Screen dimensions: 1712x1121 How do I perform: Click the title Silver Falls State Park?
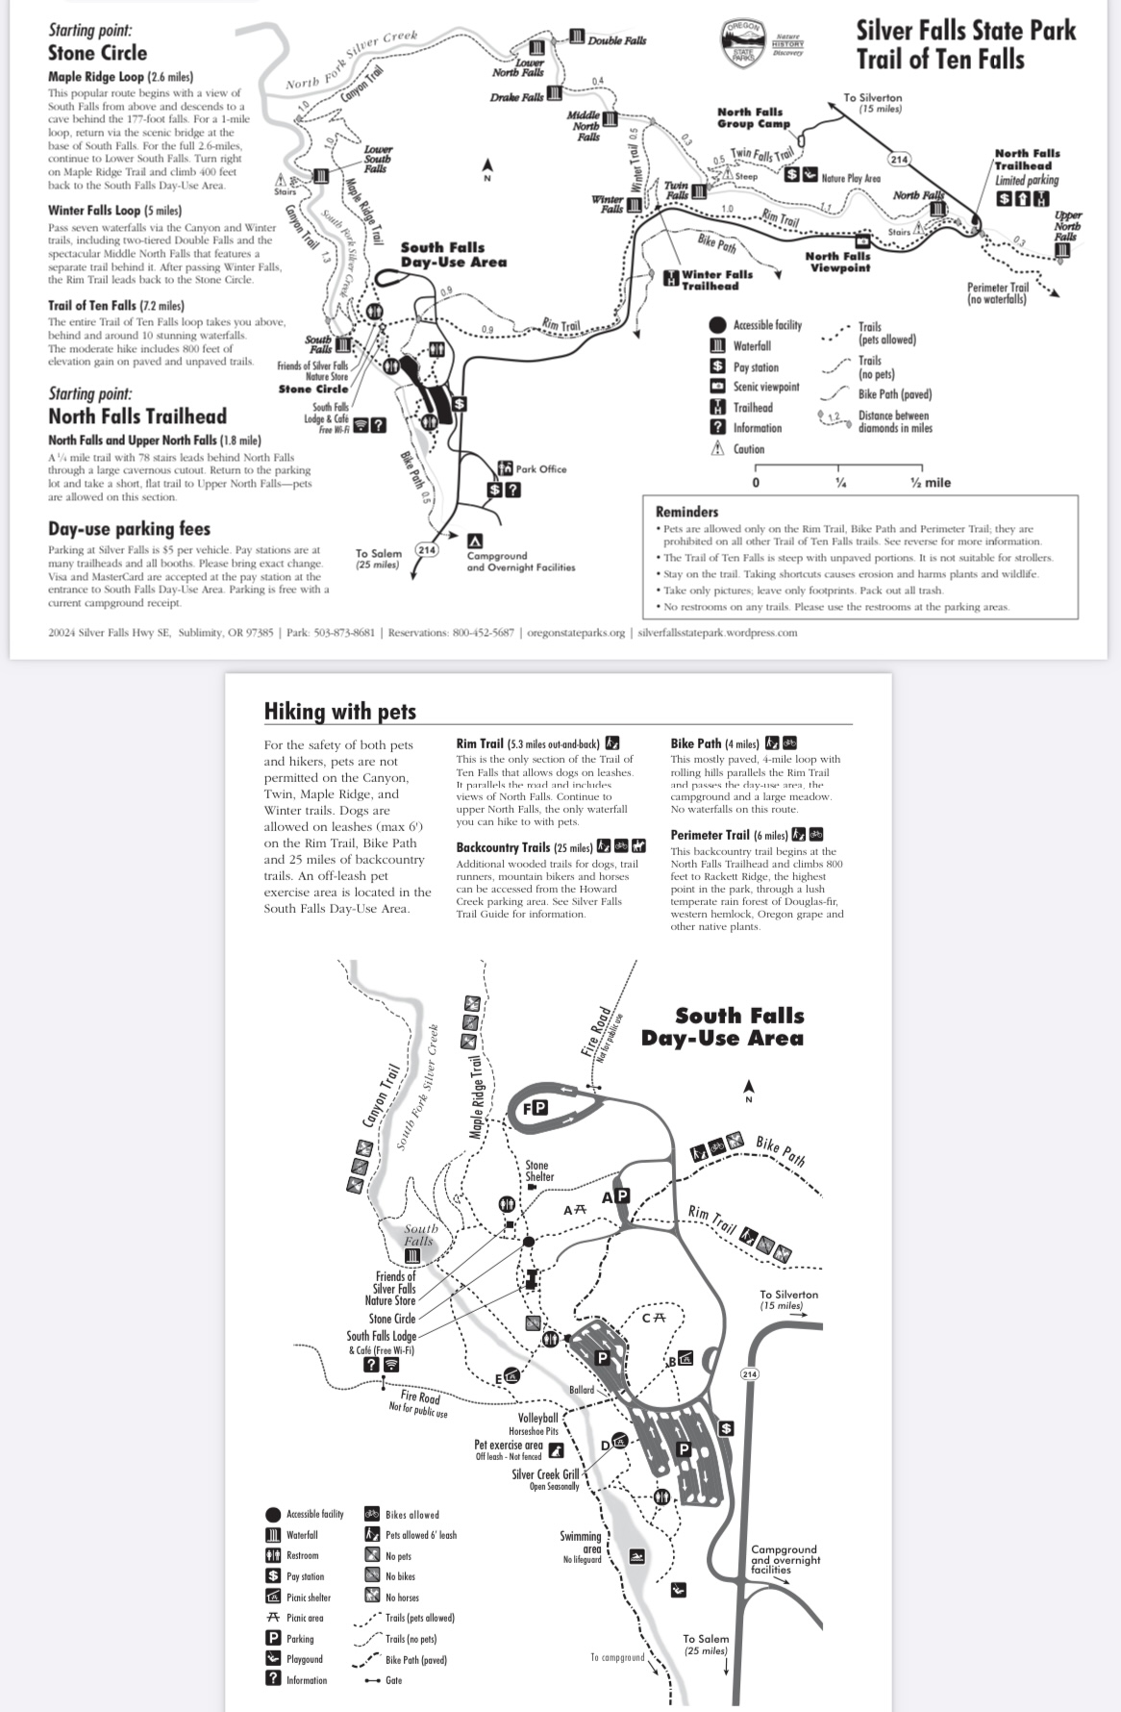coord(965,31)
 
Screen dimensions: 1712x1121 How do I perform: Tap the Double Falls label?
coord(616,40)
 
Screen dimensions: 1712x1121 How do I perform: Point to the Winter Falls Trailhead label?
coord(716,280)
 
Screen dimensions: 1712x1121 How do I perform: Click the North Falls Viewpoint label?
coord(836,262)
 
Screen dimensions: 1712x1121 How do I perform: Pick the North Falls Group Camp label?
coord(753,117)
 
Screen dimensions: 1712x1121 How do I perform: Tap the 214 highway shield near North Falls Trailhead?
coord(898,159)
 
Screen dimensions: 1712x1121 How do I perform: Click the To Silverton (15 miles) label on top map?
coord(872,103)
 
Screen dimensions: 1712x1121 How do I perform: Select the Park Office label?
coord(540,469)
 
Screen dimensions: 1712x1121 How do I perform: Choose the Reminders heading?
coord(686,512)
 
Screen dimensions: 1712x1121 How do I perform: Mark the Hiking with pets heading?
coord(340,712)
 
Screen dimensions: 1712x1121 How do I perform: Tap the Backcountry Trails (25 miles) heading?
coord(524,847)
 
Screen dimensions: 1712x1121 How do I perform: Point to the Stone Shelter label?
coord(538,1171)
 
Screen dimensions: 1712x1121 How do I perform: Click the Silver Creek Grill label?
coord(545,1474)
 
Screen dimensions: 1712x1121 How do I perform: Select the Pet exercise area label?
coord(508,1445)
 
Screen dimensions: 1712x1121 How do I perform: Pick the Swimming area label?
coord(581,1542)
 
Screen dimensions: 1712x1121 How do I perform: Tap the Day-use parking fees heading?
coord(129,529)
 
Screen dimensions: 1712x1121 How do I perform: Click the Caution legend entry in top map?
coord(748,449)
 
